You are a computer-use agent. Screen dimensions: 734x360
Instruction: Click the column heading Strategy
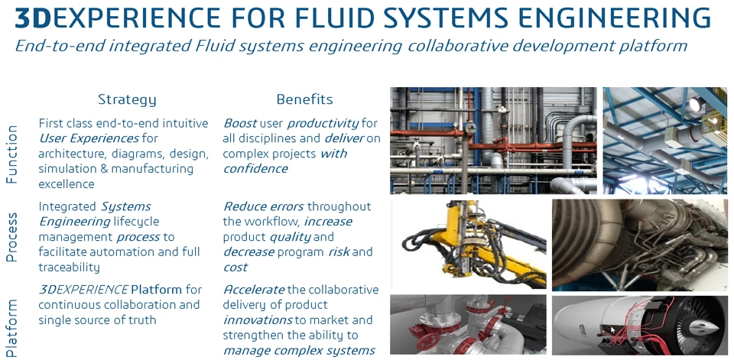127,99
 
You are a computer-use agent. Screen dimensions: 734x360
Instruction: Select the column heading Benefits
305,99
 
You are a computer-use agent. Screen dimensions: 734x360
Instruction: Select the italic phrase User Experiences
89,138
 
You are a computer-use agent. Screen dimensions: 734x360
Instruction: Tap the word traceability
70,268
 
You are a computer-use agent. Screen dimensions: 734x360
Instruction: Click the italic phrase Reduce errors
264,206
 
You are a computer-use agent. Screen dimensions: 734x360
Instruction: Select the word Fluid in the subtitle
207,47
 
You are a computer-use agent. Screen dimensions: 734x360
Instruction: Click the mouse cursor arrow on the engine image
612,332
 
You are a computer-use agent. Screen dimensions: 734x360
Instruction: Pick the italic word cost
235,268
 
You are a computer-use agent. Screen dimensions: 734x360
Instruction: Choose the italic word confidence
255,169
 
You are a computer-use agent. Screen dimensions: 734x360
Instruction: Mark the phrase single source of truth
97,320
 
